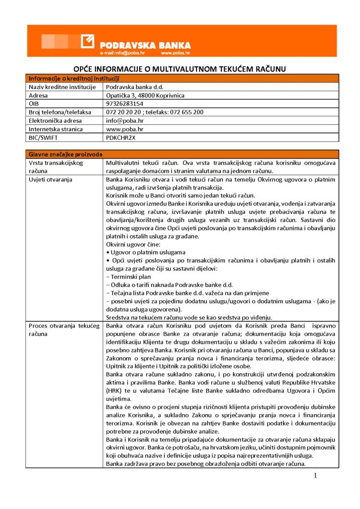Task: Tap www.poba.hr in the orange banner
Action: coord(175,53)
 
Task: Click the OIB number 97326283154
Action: coord(125,104)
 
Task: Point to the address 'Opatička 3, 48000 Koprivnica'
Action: coord(142,95)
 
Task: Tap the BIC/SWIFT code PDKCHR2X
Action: coord(120,138)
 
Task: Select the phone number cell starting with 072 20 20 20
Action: coord(155,112)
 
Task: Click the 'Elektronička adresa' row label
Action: coord(55,121)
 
